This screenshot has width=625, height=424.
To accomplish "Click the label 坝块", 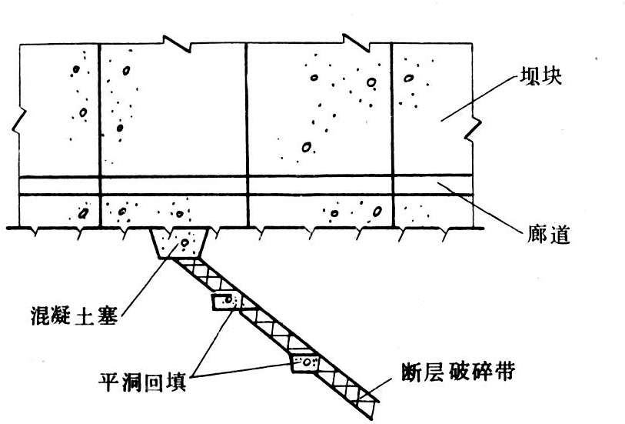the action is (540, 76).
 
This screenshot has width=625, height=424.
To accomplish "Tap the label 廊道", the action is (548, 235).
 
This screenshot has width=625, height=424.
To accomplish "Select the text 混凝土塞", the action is (75, 316).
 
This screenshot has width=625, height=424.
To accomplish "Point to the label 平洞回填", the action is (142, 382).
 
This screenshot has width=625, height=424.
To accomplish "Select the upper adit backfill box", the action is (225, 302).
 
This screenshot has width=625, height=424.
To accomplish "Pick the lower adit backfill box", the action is (305, 362).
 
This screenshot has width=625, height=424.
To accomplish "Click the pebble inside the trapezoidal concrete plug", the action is (185, 242).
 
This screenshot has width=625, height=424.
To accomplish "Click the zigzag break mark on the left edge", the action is (19, 121).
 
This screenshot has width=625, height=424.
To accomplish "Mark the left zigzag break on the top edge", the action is (178, 43).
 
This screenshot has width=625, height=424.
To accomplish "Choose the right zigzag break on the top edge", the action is (356, 42).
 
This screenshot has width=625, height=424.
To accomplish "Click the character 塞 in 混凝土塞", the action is (107, 316).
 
